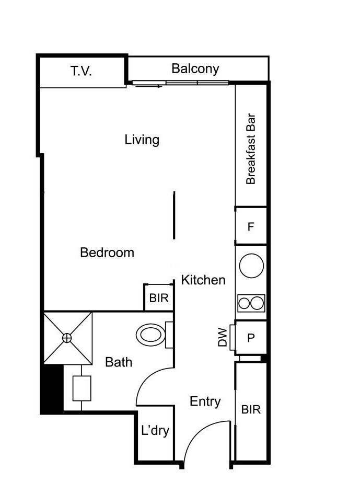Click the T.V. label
pos(81,71)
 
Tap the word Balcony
pos(195,68)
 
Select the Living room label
pos(142,140)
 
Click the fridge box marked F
pos(251,227)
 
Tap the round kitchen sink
pos(251,266)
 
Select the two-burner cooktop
pos(251,303)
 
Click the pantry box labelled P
pos(251,338)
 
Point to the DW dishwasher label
pos(223,337)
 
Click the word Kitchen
pos(203,280)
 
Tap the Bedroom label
pos(107,253)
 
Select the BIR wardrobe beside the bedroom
pos(158,298)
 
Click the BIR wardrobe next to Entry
pos(251,409)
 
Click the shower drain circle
pos(67,338)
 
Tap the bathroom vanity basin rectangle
pos(82,388)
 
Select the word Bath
pos(119,362)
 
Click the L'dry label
pos(155,431)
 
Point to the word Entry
pos(205,401)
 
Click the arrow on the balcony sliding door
pos(148,86)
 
